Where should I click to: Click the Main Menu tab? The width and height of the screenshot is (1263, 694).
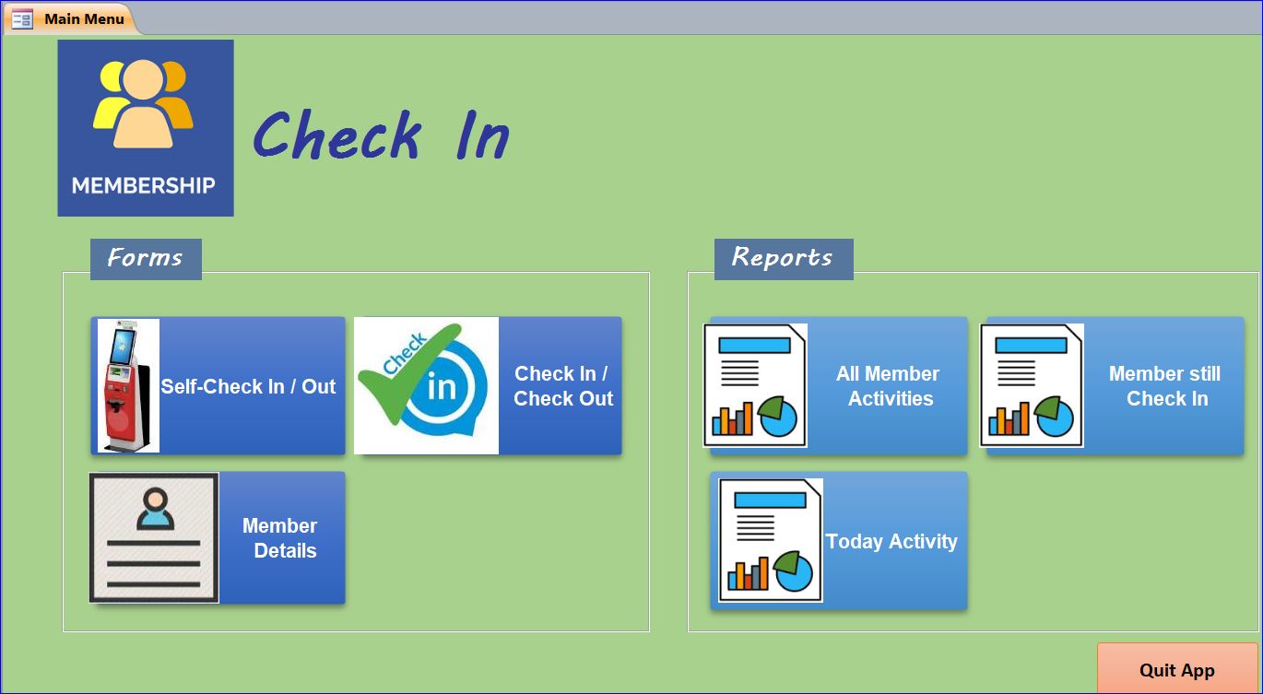click(69, 18)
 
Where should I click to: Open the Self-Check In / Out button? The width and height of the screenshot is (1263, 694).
click(218, 385)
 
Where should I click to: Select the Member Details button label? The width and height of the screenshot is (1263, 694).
click(280, 538)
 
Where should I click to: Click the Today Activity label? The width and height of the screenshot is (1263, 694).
click(891, 541)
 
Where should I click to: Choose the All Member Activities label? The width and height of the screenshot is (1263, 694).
click(888, 385)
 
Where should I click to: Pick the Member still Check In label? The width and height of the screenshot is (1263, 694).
click(1165, 385)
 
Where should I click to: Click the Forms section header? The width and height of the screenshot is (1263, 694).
click(146, 259)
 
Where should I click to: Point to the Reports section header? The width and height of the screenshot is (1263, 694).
click(784, 259)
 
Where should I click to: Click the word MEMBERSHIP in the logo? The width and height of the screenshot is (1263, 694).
click(143, 185)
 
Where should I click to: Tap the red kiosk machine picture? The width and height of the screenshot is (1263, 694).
click(128, 385)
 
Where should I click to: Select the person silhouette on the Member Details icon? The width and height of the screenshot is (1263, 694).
click(155, 509)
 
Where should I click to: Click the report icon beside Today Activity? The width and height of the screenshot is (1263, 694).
click(770, 541)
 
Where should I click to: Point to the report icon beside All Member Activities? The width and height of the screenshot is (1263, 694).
click(755, 385)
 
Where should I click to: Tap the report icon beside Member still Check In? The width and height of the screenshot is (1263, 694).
click(1032, 385)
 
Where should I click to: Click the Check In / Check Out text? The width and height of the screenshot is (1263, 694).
click(562, 385)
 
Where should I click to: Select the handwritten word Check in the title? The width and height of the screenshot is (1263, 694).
click(337, 135)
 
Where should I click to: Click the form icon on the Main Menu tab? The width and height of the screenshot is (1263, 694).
click(22, 19)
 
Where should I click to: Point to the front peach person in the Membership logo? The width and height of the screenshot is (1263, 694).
click(143, 104)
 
